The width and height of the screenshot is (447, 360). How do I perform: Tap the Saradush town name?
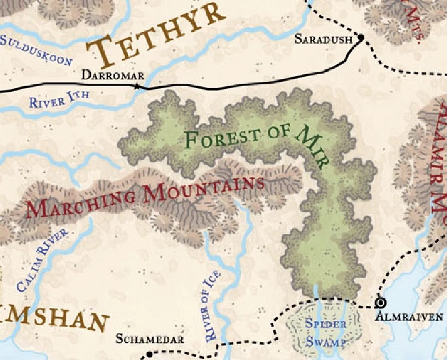click(324, 39)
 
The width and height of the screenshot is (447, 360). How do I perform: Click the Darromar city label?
click(112, 75)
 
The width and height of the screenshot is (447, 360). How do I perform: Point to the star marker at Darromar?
click(137, 87)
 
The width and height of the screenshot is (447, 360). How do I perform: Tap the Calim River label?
click(42, 261)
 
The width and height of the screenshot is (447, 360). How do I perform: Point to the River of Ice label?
click(212, 306)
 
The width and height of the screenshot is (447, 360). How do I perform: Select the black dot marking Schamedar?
click(149, 355)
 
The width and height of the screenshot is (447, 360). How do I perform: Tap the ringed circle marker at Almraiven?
click(378, 303)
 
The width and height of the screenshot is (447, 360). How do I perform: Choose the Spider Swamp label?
click(326, 333)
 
